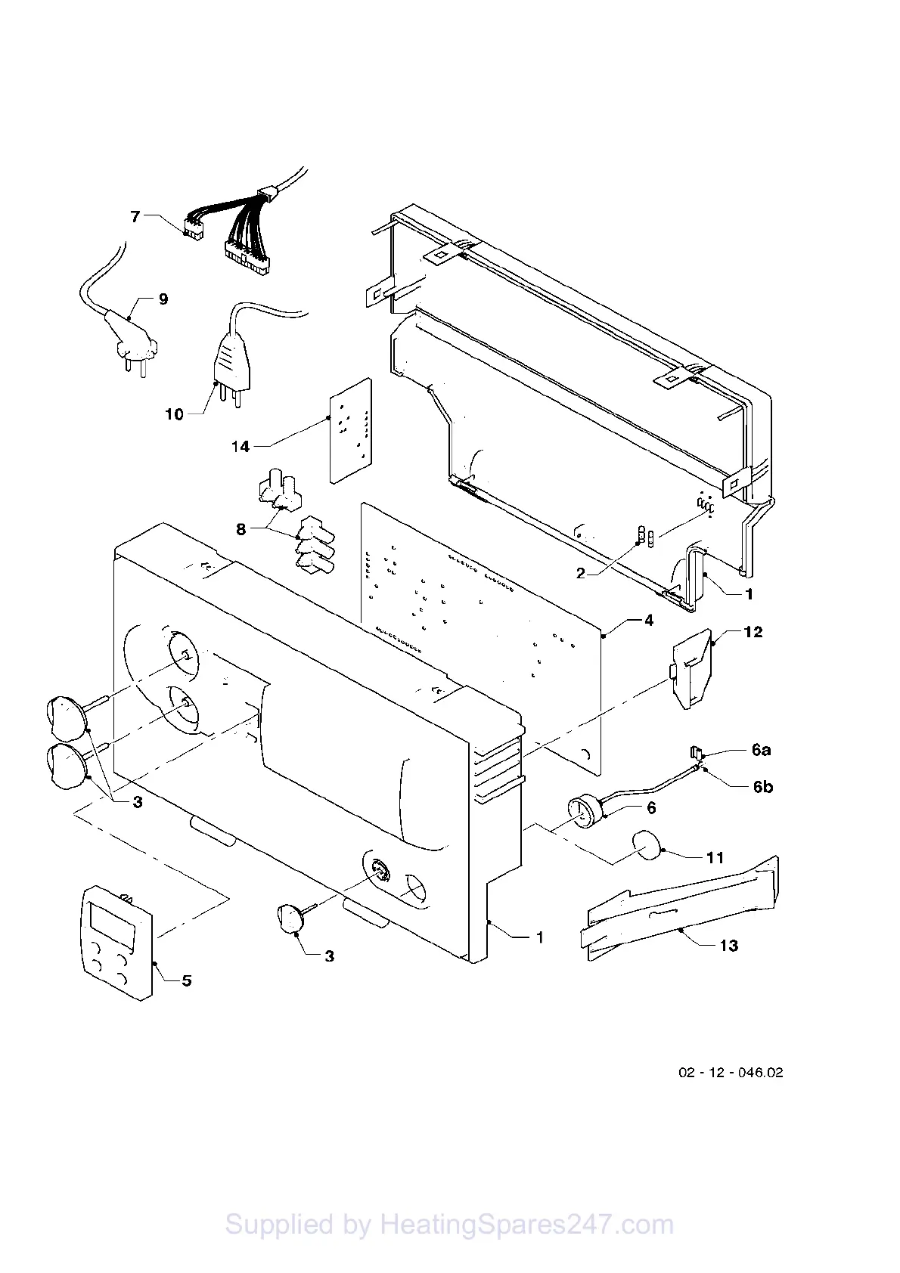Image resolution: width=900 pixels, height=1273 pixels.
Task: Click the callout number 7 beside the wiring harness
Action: click(135, 217)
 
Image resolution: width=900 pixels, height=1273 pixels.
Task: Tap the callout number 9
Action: click(163, 299)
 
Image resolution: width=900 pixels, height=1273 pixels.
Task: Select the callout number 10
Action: click(174, 414)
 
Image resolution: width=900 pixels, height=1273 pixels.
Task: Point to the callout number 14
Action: click(241, 447)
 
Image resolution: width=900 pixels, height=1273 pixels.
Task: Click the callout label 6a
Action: click(761, 751)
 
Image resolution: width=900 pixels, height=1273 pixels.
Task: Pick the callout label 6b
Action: click(762, 787)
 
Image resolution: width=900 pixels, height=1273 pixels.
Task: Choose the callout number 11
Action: click(715, 857)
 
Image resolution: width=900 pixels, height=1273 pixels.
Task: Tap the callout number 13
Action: click(728, 945)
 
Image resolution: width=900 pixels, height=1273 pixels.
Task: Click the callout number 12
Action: click(753, 632)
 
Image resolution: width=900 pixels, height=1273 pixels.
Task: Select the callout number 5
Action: click(186, 980)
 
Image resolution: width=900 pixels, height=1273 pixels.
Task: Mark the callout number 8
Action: click(241, 529)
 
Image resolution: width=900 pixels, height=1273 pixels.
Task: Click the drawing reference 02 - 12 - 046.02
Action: click(730, 1073)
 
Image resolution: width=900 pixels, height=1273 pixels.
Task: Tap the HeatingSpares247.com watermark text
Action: click(449, 1224)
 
